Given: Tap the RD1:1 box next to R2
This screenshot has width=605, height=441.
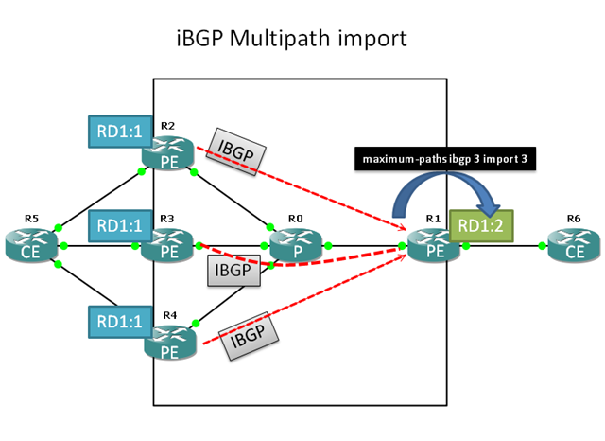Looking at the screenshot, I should [118, 131].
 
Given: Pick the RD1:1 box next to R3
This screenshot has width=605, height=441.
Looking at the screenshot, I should [118, 225].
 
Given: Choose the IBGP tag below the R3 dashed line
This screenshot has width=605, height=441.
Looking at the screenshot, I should [233, 272].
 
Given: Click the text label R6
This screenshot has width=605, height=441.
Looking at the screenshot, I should [573, 219].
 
